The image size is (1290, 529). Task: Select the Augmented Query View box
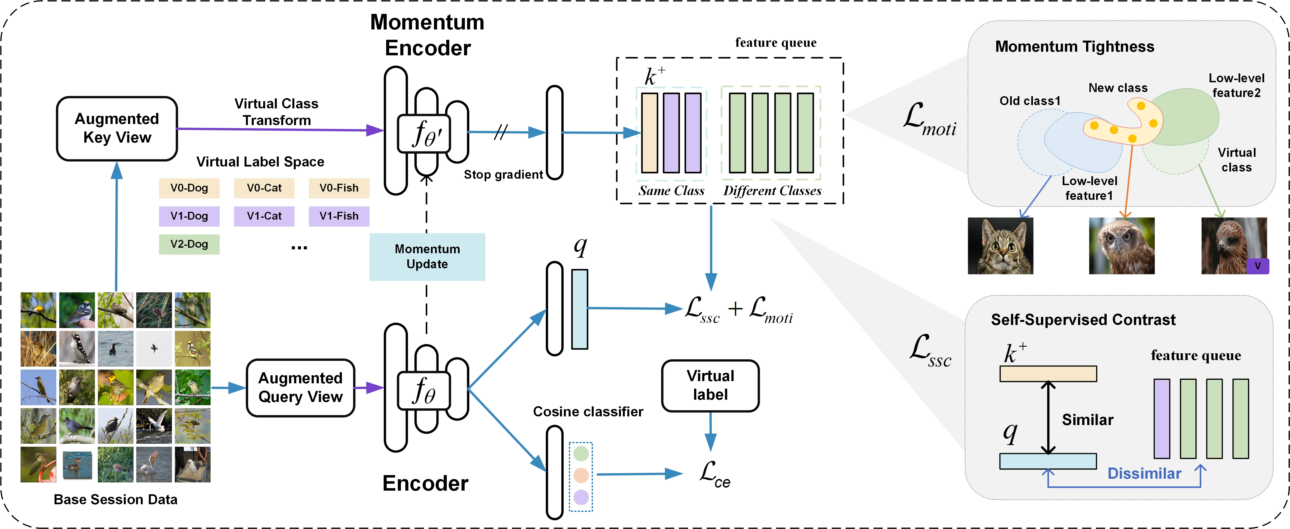coord(300,387)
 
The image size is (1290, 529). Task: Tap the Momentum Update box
coord(427,256)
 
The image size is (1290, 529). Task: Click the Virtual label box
coord(710,385)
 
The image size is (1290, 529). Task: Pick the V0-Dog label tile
coord(189,188)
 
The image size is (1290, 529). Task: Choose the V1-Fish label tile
coord(339,216)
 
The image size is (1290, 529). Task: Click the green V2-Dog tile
coord(189,244)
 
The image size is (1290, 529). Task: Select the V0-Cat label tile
coord(264,188)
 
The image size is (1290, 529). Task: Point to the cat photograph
coord(1000,246)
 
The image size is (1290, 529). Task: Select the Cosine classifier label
coord(588,411)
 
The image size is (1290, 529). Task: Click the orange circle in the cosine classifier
coord(581,475)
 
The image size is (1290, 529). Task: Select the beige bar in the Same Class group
coord(650,133)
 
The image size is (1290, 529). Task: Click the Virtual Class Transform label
coord(277,111)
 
